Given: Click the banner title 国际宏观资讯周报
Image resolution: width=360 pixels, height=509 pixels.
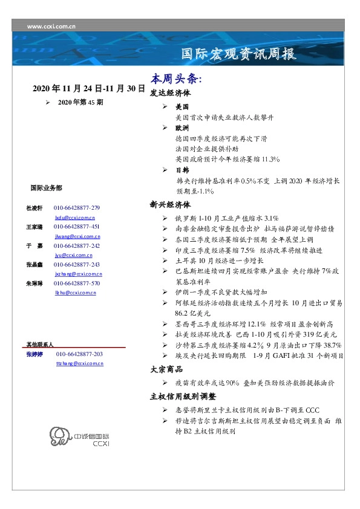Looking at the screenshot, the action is (239, 54).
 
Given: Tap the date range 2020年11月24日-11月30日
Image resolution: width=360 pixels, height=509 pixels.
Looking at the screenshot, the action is (89, 89).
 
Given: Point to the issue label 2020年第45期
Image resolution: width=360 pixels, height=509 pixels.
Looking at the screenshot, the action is (80, 103).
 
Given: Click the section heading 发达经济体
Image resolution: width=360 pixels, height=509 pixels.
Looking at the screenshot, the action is (170, 94).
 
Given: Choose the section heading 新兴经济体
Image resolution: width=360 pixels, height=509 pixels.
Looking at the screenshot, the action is (170, 204).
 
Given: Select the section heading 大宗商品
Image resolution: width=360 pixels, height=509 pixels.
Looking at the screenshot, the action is (167, 369).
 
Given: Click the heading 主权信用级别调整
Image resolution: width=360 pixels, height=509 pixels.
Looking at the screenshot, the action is (182, 397).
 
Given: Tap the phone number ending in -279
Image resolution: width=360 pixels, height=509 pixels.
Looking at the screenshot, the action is (77, 207).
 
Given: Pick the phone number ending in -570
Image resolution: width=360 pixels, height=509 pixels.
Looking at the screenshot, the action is (77, 283).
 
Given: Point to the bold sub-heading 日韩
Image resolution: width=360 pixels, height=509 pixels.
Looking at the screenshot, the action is (182, 170).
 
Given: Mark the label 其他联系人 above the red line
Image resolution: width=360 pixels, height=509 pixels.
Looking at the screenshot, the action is (40, 343).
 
